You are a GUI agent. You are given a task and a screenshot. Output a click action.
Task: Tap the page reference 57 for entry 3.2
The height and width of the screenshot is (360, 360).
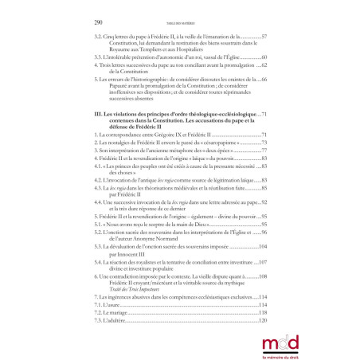(264, 37)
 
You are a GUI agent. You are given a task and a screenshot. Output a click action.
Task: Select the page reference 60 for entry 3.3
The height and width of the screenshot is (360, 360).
(264, 58)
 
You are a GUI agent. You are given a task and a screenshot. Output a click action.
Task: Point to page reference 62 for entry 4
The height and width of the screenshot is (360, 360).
(264, 68)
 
